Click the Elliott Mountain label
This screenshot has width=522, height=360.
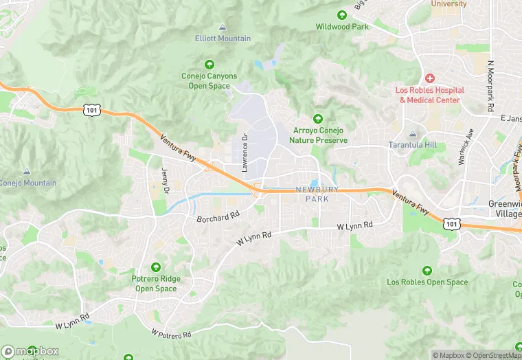coord(223,38)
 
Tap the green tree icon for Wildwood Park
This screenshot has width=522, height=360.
coord(342,15)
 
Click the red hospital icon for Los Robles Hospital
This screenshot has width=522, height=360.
coord(430,78)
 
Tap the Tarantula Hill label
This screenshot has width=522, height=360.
coord(412,145)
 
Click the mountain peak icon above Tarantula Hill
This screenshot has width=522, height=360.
coord(412,133)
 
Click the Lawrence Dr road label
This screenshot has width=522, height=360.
coord(243,152)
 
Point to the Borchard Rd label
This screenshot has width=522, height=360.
coord(217,217)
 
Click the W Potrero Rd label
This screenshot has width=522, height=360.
coord(172,333)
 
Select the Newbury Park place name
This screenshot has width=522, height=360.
coord(317,194)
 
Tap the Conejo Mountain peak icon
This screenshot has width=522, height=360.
coord(26,171)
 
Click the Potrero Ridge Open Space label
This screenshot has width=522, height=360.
coord(155,284)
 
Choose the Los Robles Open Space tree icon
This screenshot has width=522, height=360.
coord(428,270)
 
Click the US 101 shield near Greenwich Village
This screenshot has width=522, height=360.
coord(451,223)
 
